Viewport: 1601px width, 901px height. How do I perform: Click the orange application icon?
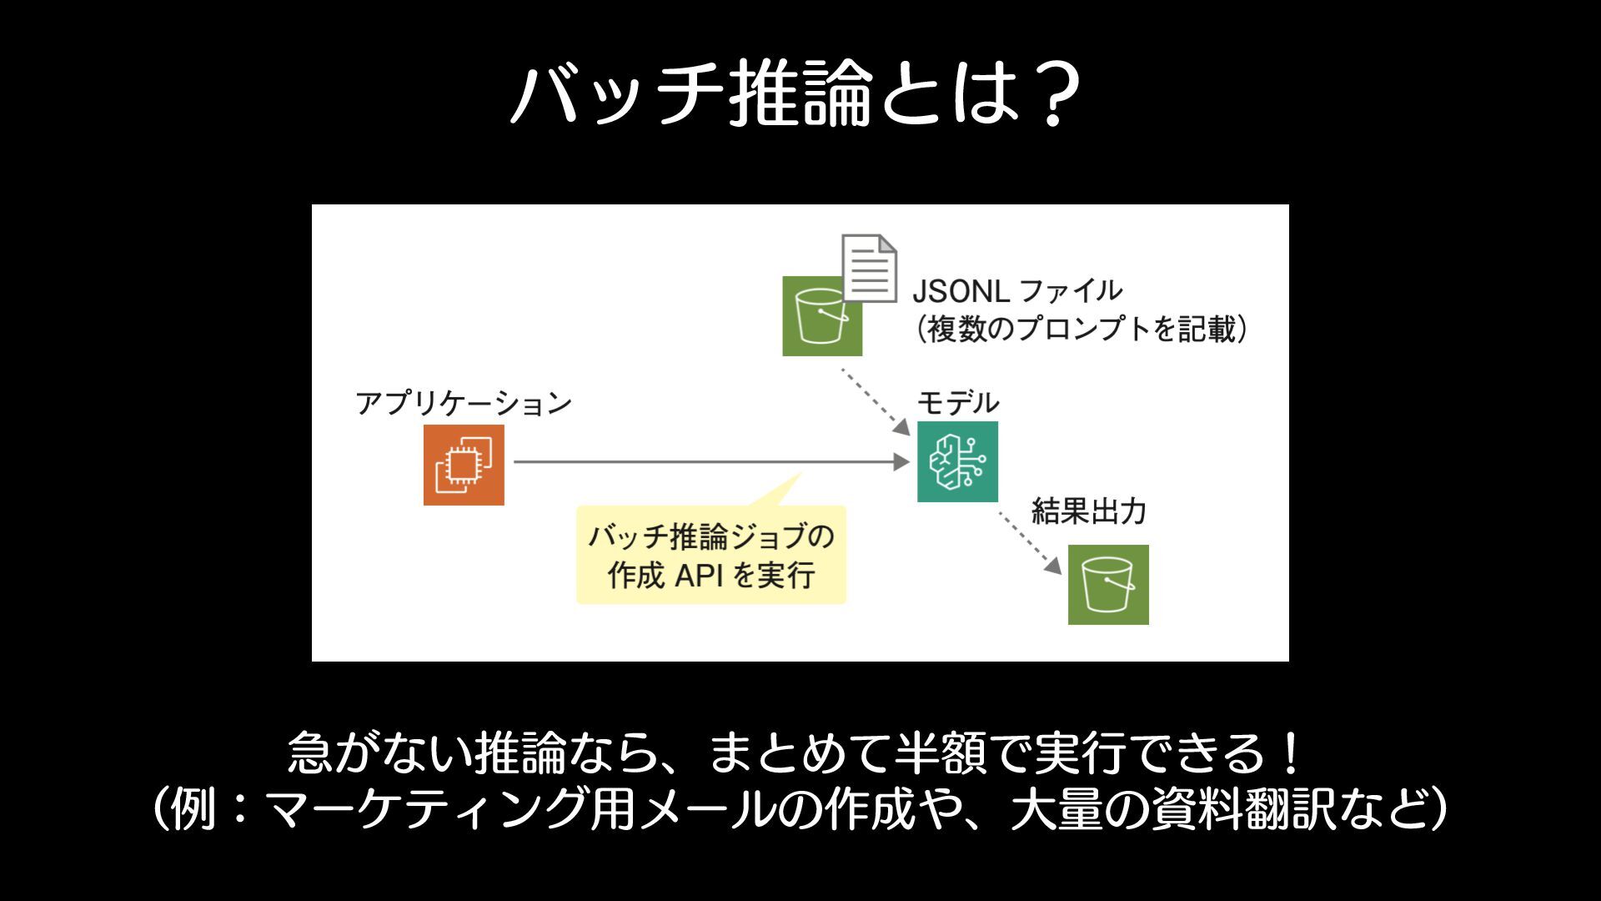coord(464,465)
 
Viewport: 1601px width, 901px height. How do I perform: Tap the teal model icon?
coord(957,461)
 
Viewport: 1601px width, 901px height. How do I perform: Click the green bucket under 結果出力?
coord(1108,585)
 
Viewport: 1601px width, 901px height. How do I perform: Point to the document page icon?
coord(870,268)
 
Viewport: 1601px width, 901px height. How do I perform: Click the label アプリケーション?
coord(464,403)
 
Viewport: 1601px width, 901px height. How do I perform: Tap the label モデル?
coord(958,402)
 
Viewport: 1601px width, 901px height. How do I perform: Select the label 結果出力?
coord(1089,511)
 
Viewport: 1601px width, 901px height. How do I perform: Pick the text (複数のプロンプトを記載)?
coord(1082,329)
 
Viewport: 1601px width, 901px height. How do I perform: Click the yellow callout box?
coord(711,555)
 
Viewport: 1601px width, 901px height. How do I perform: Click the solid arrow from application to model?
coord(709,461)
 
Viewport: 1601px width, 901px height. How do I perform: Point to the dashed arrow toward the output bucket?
coord(1031,543)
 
